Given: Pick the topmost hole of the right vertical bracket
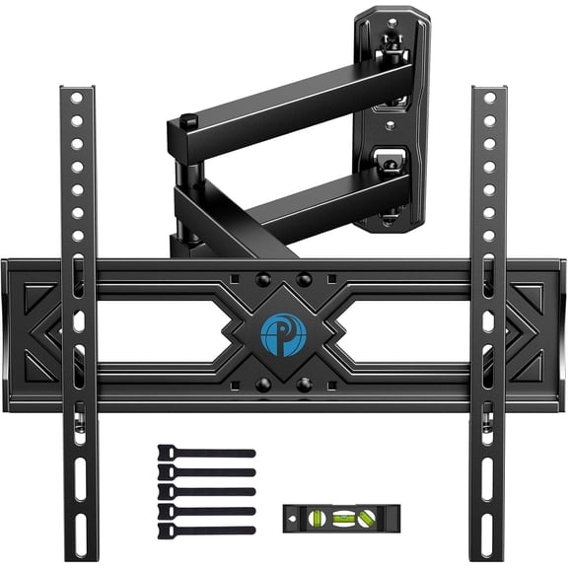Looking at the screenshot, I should (488, 103).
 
